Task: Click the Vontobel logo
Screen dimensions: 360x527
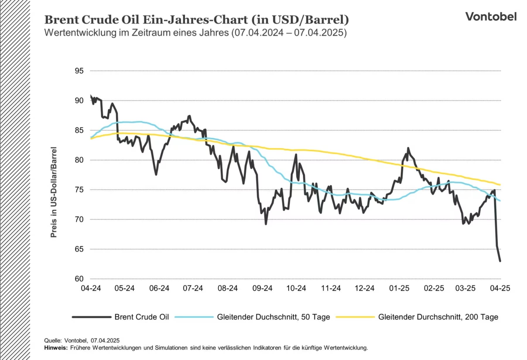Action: [x=491, y=17]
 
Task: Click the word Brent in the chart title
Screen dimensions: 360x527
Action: [x=62, y=20]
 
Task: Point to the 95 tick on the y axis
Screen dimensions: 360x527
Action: [x=79, y=71]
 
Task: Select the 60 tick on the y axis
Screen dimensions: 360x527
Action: [x=79, y=279]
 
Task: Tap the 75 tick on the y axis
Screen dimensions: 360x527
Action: [x=79, y=190]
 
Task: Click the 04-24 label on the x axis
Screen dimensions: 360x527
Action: [x=91, y=288]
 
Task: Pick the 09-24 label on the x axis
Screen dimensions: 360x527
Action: [x=262, y=288]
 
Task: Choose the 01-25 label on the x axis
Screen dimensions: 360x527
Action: [x=399, y=288]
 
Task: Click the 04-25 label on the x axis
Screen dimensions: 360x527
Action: [x=500, y=288]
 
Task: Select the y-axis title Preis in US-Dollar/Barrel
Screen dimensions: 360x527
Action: [x=54, y=192]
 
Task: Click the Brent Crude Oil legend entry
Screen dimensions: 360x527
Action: [x=141, y=317]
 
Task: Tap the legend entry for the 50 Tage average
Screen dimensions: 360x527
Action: [x=273, y=317]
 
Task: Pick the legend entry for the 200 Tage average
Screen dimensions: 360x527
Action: [x=438, y=317]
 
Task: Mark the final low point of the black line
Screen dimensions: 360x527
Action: [x=500, y=261]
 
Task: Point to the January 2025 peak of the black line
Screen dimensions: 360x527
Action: [x=408, y=148]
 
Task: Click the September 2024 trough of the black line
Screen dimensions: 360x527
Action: [x=266, y=224]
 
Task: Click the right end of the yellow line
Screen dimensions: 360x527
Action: [x=500, y=185]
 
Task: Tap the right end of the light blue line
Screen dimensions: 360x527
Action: [x=500, y=201]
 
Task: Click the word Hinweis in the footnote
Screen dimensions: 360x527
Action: [x=55, y=348]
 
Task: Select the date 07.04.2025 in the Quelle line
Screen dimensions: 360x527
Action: [x=105, y=340]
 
